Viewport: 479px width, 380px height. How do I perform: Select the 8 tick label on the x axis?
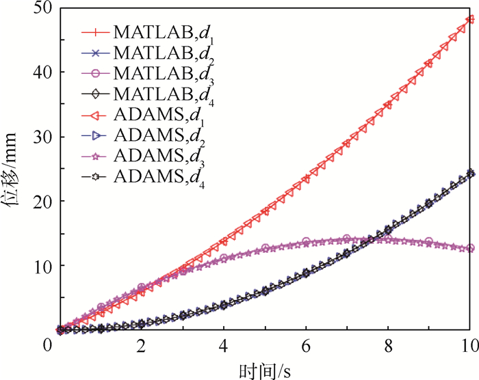click(x=388, y=347)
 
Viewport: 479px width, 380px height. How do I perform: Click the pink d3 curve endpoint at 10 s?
click(x=470, y=248)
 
